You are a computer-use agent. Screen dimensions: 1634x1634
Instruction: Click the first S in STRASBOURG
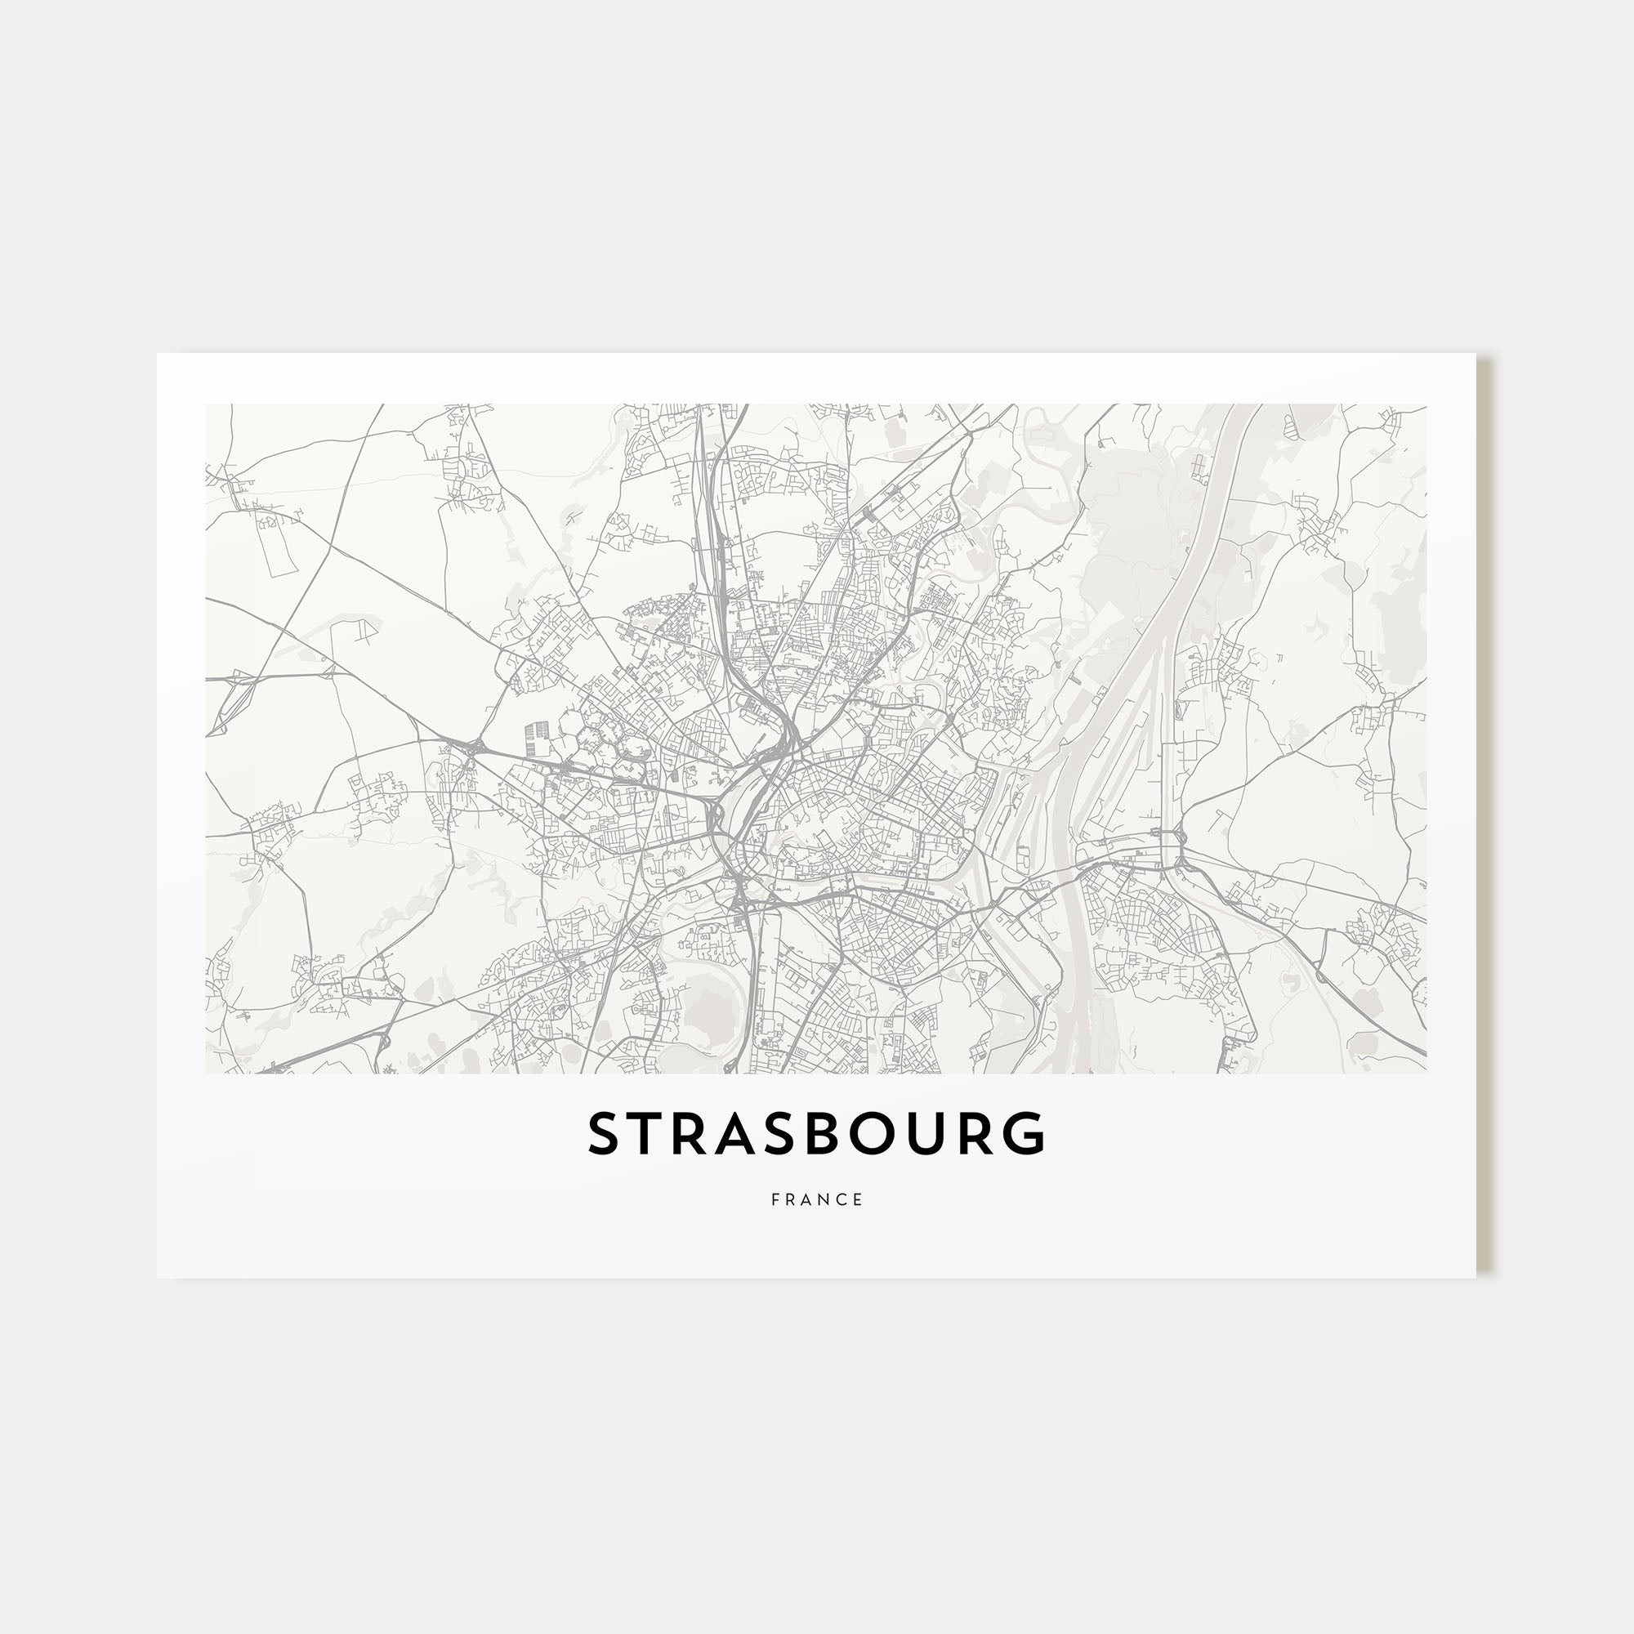605,1133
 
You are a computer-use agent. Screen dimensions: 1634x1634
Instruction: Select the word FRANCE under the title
817,1200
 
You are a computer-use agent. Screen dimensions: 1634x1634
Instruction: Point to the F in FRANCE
775,1200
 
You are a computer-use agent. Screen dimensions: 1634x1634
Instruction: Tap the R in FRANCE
791,1200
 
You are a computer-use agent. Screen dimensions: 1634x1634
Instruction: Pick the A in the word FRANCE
808,1200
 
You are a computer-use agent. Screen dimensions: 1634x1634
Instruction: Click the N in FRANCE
825,1200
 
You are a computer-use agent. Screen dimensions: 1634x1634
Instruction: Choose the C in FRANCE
843,1200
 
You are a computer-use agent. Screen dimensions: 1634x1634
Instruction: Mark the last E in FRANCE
859,1200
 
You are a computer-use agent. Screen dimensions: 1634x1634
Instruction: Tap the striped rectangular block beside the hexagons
536,739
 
